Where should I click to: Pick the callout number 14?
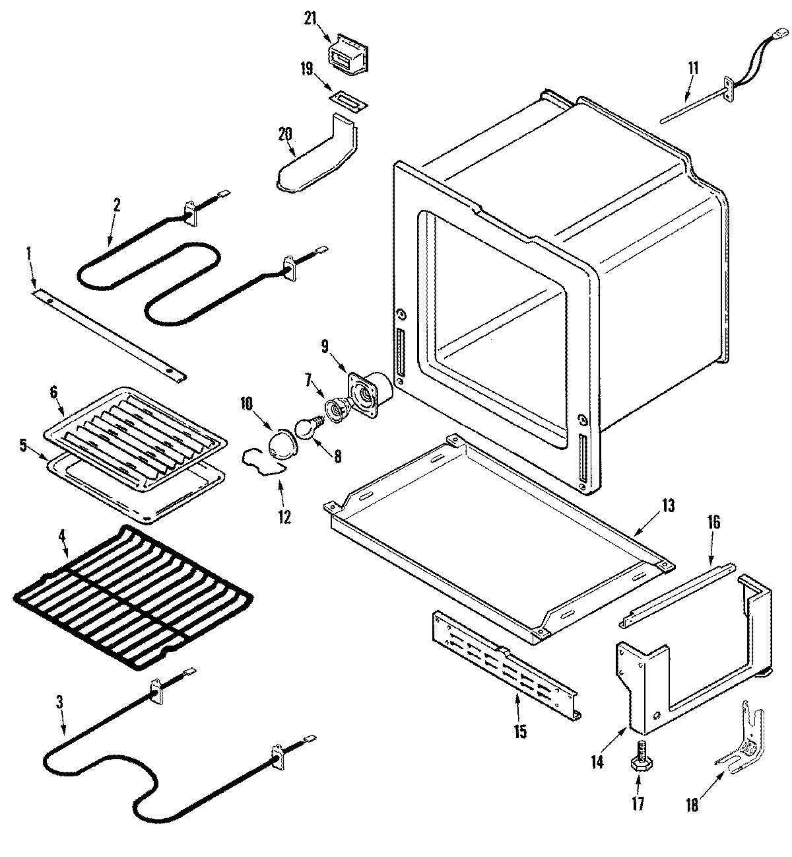tap(597, 761)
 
